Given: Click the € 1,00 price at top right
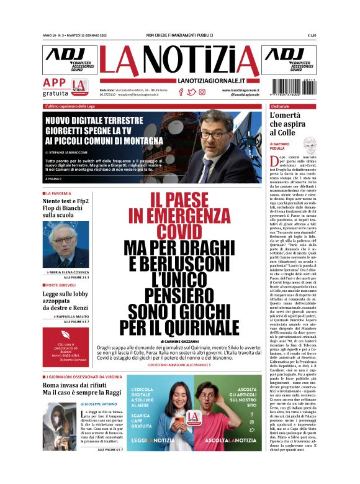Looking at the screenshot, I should coord(312,35).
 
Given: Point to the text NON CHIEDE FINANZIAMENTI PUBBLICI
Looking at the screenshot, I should coord(179,35).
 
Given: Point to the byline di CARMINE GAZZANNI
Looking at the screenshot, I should coord(179,342).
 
